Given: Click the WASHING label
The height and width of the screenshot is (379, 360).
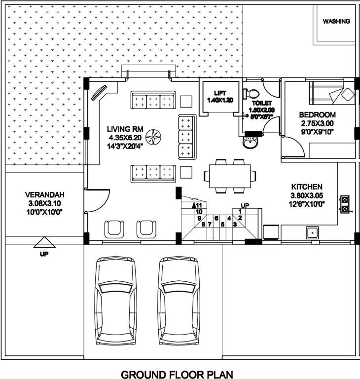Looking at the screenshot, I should pos(336,21).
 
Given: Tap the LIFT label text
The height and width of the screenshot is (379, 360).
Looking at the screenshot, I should pos(219,93).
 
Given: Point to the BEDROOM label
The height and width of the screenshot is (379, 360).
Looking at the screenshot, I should pos(318,115).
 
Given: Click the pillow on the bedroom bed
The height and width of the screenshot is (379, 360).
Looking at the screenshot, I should pos(348,94).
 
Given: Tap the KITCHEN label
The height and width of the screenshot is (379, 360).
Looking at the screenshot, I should pos(307,187).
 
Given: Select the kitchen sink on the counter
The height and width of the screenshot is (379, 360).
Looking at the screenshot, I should pos(312,231).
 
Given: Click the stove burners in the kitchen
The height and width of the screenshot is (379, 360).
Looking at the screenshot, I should pos(344,204).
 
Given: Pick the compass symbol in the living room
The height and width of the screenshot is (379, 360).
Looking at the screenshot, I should pos(155,134).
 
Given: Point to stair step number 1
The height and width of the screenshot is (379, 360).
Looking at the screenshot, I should pos(240,212).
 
